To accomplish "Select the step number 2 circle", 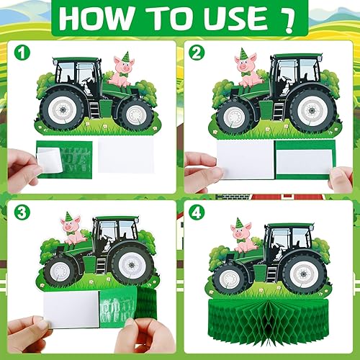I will (x=194, y=53).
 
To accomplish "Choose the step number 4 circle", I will (x=194, y=213).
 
